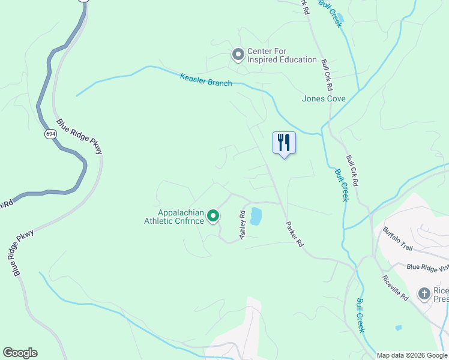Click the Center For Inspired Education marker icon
tap(238, 55)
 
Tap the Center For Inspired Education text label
tap(282, 59)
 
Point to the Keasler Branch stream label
tap(206, 80)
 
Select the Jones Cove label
tap(324, 98)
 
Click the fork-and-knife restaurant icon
tap(284, 143)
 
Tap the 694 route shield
tap(50, 134)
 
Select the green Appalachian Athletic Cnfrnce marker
tap(213, 216)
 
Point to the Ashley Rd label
tap(243, 226)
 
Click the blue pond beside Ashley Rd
tap(256, 216)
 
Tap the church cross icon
tap(425, 293)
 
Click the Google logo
tap(20, 353)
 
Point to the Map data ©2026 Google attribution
tap(412, 355)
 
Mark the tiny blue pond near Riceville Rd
tap(398, 328)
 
